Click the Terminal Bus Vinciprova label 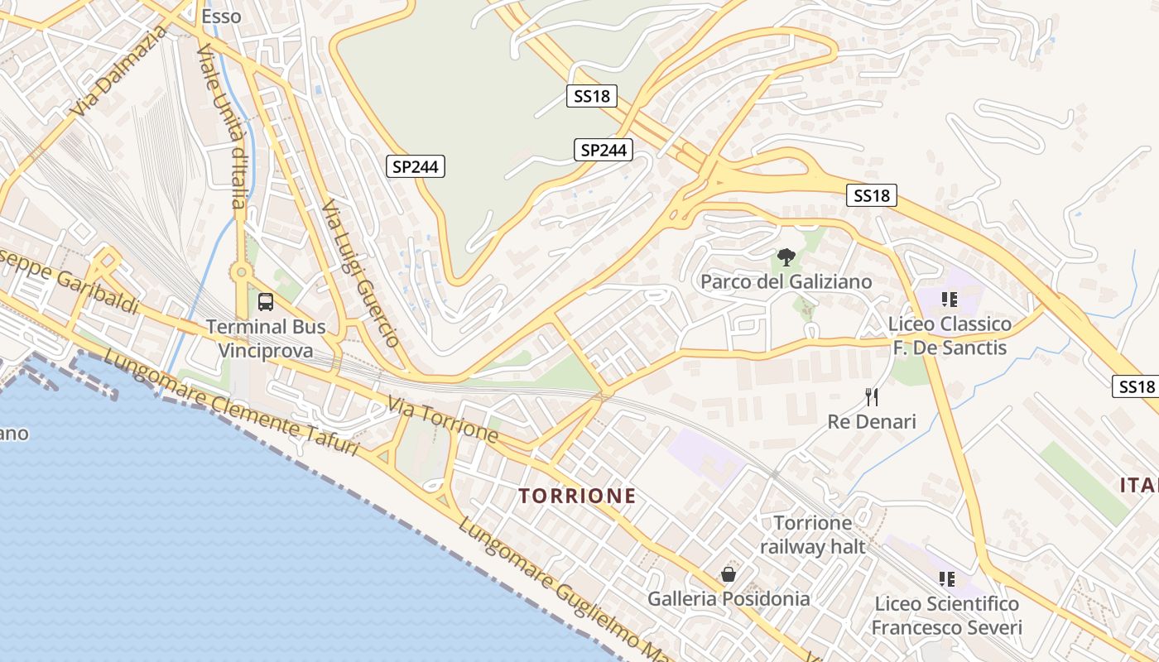click(x=265, y=338)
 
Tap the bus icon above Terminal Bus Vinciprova click(x=266, y=302)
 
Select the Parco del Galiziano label click(x=786, y=281)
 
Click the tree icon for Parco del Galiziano click(x=786, y=257)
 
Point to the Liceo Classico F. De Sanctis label click(x=950, y=335)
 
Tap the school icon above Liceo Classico click(x=949, y=299)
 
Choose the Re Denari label click(x=872, y=422)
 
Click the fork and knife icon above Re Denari click(x=872, y=397)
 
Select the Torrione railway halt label click(x=812, y=535)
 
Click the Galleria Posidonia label click(x=729, y=598)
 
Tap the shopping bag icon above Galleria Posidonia click(x=729, y=574)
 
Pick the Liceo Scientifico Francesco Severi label click(x=946, y=616)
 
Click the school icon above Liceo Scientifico click(x=947, y=579)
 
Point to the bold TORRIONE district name click(x=577, y=496)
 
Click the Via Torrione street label click(x=442, y=420)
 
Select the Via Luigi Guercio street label click(x=361, y=273)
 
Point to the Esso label click(x=221, y=16)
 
